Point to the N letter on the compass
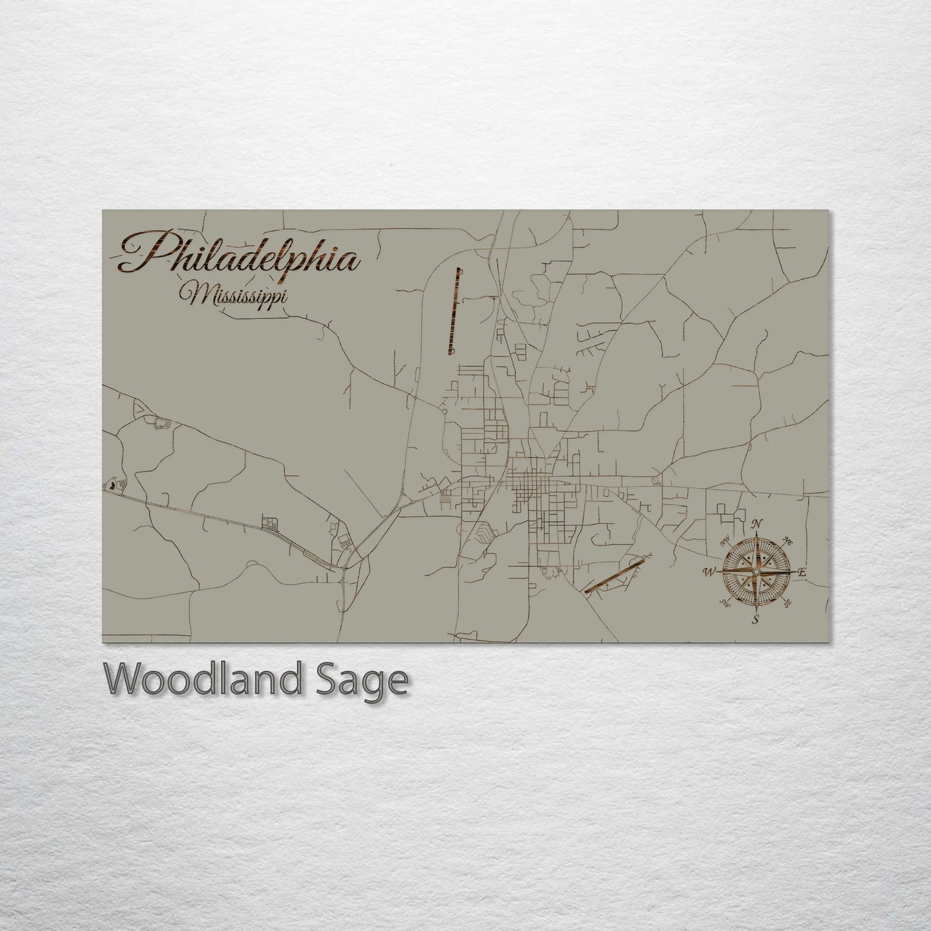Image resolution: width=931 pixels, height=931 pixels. click(x=758, y=523)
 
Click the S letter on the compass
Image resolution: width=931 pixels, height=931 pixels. click(x=756, y=620)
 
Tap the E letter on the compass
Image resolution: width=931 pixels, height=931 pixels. click(x=802, y=572)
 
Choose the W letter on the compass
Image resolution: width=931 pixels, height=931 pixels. click(x=710, y=571)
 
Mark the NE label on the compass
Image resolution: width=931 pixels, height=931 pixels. click(x=788, y=540)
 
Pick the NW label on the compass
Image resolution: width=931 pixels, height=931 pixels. click(x=725, y=539)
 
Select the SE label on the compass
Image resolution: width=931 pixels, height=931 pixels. click(x=788, y=604)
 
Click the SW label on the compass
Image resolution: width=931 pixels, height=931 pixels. click(x=725, y=604)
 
